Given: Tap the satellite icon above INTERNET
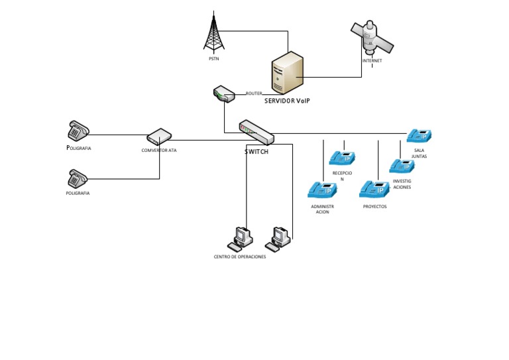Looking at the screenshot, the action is pyautogui.click(x=371, y=37).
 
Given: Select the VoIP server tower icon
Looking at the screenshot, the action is pyautogui.click(x=287, y=73).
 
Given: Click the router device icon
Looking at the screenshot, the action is pyautogui.click(x=224, y=94).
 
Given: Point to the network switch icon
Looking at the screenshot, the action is pyautogui.click(x=256, y=133).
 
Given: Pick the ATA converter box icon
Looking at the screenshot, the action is pyautogui.click(x=159, y=137).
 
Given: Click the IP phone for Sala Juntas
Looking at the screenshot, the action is pyautogui.click(x=420, y=136).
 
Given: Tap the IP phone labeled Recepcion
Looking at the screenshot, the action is pyautogui.click(x=342, y=158).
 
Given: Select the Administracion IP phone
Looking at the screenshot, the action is pyautogui.click(x=322, y=190).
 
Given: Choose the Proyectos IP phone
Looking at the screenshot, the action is pyautogui.click(x=374, y=189).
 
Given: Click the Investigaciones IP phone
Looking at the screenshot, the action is pyautogui.click(x=402, y=166).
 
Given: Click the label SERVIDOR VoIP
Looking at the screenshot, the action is pyautogui.click(x=287, y=101).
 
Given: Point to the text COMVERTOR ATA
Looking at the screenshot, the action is pyautogui.click(x=159, y=150).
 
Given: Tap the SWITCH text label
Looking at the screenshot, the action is pyautogui.click(x=256, y=152).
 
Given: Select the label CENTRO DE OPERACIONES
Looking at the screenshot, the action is pyautogui.click(x=240, y=257).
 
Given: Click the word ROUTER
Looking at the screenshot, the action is pyautogui.click(x=254, y=93).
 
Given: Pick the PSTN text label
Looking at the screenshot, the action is pyautogui.click(x=214, y=59).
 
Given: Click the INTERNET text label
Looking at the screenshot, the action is pyautogui.click(x=372, y=61).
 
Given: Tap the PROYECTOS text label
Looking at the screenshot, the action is pyautogui.click(x=375, y=206).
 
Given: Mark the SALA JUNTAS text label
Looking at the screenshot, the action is pyautogui.click(x=419, y=153).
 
